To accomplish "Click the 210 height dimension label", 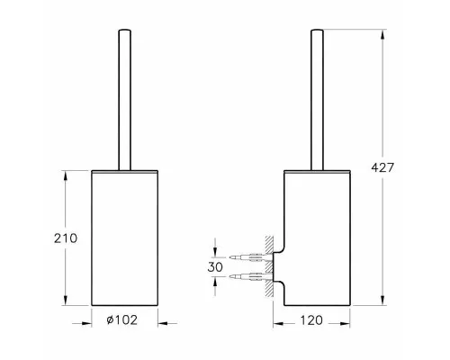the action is coord(66,238).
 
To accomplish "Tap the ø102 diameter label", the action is coord(122,319).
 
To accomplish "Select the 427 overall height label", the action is coord(382,167).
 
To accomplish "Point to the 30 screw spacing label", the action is coord(215,267).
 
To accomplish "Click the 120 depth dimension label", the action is coord(311,320).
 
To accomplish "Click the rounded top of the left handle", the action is coord(125,31).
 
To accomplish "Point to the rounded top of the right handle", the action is coord(317,31).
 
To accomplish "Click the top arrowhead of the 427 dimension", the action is coord(382,34).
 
